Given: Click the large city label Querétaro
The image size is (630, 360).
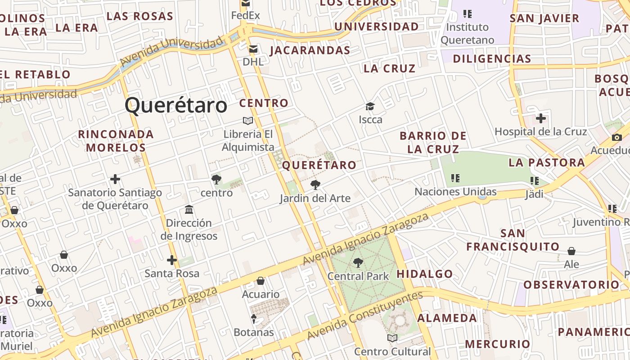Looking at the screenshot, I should click(176, 105).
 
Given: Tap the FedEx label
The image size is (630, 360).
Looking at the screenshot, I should click(245, 16).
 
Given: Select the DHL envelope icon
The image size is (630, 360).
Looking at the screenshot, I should click(253, 49).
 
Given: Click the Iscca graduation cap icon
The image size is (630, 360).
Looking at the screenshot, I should click(370, 106).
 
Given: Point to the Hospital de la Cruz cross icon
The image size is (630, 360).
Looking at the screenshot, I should click(540, 118).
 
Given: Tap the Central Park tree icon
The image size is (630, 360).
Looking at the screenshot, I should click(358, 262).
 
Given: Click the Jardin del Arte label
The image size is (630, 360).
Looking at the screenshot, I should click(315, 198).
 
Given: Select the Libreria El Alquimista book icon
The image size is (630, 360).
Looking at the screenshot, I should click(248, 121).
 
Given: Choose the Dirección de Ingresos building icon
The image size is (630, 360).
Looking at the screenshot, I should click(189, 209).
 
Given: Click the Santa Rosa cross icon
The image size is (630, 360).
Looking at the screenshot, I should click(171, 260).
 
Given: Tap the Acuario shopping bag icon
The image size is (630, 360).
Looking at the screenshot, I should click(261, 281).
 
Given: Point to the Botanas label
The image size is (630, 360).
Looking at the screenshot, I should click(254, 333).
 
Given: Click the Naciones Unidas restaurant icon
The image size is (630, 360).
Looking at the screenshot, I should click(455, 178).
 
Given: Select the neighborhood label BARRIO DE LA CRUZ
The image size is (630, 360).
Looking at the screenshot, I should click(433, 142).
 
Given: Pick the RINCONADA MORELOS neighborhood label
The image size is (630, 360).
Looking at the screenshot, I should click(116, 140).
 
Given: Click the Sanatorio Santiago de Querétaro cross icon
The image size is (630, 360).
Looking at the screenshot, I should click(115, 179).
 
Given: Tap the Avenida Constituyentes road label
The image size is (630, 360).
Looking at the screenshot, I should click(365, 315).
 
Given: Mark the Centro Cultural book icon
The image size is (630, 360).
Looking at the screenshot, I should click(392, 338).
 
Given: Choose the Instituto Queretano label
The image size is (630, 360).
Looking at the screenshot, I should click(467, 33).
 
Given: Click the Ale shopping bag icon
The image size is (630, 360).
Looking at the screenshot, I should click(571, 251).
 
